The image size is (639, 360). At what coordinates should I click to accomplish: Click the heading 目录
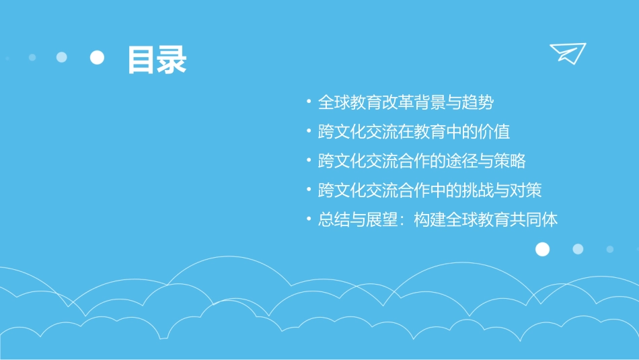(x=157, y=59)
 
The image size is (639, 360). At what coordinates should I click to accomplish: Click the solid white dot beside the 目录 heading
(x=98, y=58)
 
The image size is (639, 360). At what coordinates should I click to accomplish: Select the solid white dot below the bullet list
(x=542, y=250)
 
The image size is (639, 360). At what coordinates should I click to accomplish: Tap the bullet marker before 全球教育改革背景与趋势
(x=308, y=103)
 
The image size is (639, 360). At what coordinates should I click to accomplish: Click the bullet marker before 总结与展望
(x=308, y=220)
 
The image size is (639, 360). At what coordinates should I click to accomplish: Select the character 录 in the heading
(x=172, y=59)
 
